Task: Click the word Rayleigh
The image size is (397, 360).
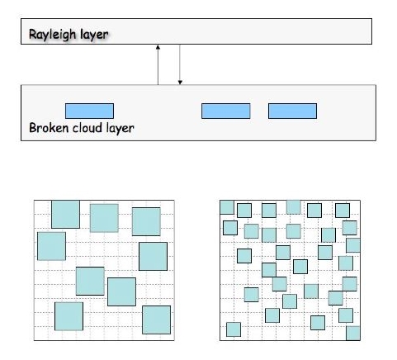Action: pos(52,35)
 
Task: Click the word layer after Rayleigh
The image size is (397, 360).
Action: pos(94,35)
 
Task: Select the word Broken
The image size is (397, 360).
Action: pos(49,128)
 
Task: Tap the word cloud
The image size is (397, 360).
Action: pos(87,128)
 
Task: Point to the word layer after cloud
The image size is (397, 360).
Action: pos(121,129)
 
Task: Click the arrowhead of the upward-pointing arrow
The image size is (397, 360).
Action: pos(158,47)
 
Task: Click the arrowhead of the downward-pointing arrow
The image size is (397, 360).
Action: pos(180,82)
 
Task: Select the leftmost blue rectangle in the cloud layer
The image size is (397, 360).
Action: pos(89,111)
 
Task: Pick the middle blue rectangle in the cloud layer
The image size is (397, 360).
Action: pos(226,111)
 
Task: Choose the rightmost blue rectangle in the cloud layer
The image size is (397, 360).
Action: pos(292,111)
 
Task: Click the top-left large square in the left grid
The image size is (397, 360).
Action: pos(65,215)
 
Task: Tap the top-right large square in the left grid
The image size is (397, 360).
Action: pos(146,221)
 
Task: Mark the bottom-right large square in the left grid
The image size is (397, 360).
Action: pos(156,320)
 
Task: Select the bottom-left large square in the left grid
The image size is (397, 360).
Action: pos(69,316)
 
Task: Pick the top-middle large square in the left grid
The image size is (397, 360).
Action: pos(104,218)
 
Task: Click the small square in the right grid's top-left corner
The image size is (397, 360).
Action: pos(227,207)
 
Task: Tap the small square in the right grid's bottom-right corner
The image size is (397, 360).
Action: pos(353,334)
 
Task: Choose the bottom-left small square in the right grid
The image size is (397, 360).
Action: pos(234,329)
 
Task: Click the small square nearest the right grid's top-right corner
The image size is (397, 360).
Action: pos(343,211)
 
